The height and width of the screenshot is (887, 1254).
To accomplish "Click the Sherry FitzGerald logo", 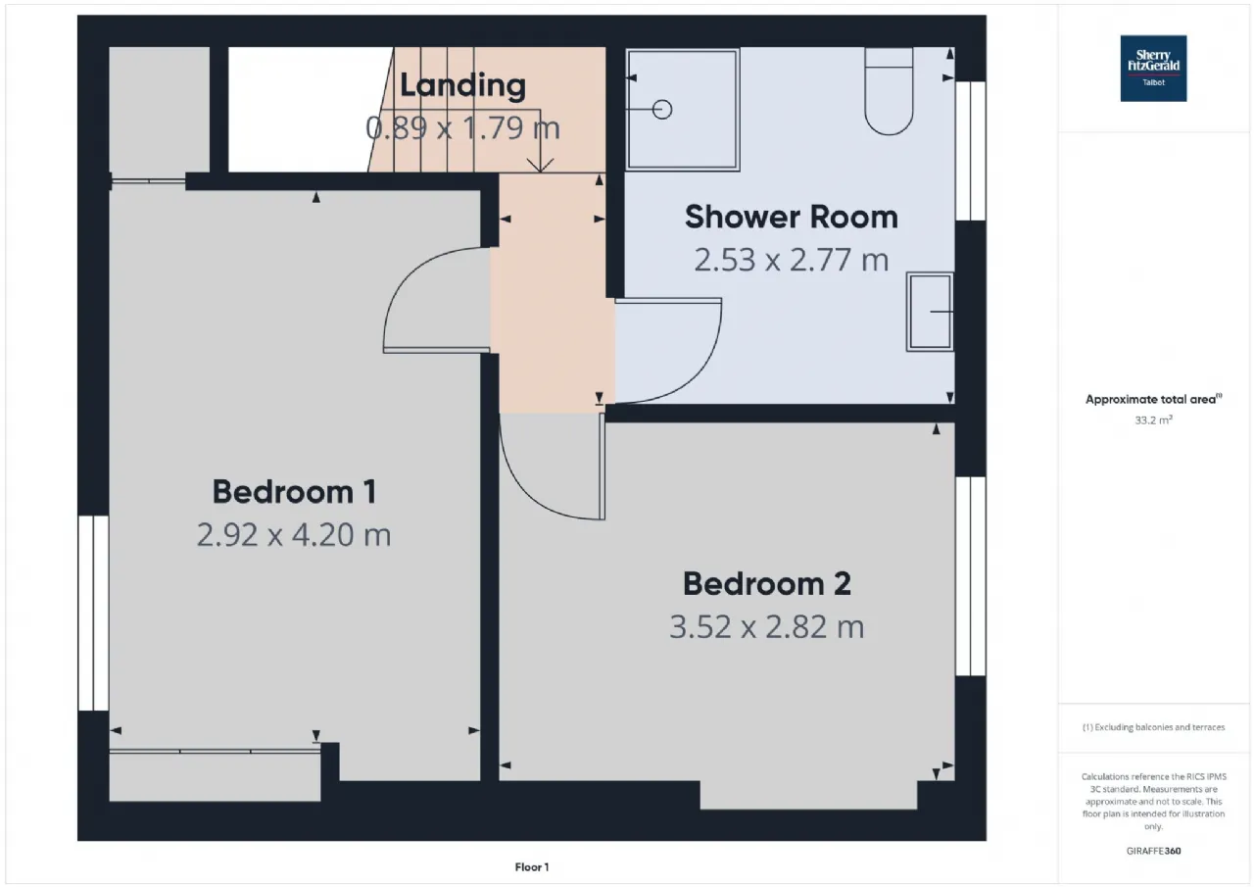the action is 1153,69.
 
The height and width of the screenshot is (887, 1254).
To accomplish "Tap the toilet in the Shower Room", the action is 889,91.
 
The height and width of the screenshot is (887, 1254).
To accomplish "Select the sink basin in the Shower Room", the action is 930,312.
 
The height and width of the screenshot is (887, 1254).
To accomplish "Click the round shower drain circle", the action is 662,109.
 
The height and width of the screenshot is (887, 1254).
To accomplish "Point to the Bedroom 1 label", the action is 294,492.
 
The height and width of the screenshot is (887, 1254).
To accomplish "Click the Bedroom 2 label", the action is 767,583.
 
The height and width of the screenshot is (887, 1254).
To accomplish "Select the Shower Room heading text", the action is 791,217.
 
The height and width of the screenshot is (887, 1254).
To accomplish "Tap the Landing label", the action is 463,85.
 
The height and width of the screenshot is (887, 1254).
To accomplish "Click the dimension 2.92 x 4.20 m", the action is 294,535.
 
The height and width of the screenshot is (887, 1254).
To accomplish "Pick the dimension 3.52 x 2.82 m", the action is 767,627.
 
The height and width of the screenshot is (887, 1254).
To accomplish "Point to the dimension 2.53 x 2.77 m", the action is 791,261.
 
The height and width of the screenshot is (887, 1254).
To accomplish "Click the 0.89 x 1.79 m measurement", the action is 463,128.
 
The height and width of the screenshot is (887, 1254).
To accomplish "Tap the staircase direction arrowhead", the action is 540,166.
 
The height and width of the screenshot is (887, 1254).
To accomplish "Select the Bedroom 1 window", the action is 93,614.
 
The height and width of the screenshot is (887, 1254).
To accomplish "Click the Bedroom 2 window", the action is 971,576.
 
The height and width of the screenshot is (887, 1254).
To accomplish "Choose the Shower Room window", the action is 971,151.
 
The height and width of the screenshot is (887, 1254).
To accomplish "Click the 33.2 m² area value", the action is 1153,420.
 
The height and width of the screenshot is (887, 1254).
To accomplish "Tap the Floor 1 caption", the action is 532,867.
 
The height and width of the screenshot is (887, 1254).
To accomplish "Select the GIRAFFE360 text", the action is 1154,851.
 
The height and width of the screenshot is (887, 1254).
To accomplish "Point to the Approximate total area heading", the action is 1154,399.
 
